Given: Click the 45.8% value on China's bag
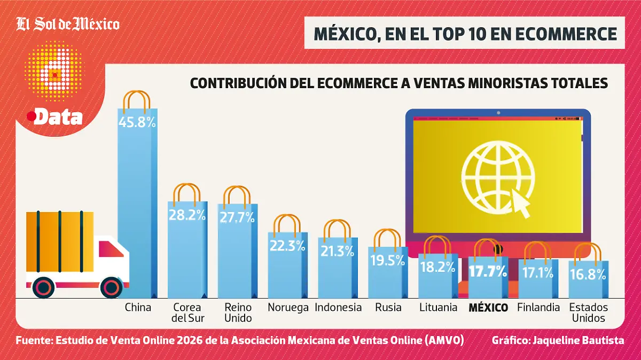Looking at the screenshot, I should tap(137, 122).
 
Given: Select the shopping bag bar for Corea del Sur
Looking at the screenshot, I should tap(187, 251).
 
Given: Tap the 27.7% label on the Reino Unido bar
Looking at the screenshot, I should tap(237, 217).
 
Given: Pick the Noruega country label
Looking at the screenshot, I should tap(288, 307).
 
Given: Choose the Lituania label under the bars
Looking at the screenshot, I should tap(438, 307).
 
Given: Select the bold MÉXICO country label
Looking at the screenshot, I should tap(488, 307).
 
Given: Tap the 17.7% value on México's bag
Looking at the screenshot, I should tap(488, 271).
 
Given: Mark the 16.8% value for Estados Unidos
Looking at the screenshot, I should tap(588, 275).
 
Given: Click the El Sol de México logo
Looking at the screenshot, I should tap(68, 24).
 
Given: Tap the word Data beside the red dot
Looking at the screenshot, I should tap(58, 118).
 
